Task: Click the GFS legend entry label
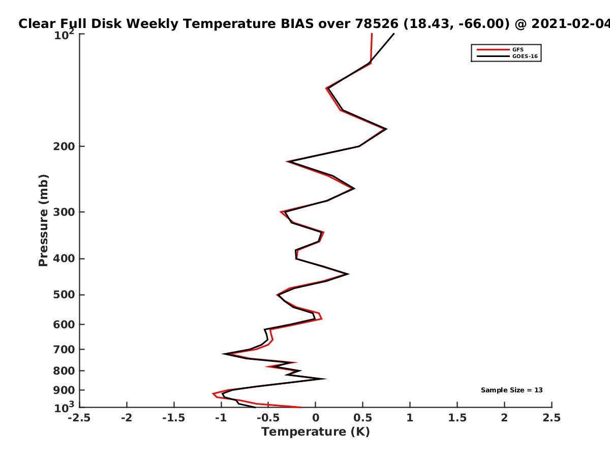(x=517, y=50)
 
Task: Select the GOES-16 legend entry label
(x=525, y=56)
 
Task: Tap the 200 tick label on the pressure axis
(x=64, y=146)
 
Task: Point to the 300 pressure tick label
(x=64, y=212)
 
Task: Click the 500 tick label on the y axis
(x=64, y=295)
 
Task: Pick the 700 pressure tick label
(x=64, y=350)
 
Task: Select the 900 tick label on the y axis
(x=64, y=390)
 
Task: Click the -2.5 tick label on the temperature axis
(x=79, y=418)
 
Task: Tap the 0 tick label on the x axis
(x=316, y=418)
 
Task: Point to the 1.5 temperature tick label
(x=457, y=418)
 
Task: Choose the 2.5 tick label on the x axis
(x=552, y=418)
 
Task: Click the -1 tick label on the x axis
(x=222, y=418)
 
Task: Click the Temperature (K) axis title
(x=316, y=432)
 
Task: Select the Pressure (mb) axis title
(x=43, y=220)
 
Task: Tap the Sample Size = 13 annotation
(x=511, y=390)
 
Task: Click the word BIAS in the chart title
(x=297, y=24)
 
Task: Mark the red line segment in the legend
(x=493, y=50)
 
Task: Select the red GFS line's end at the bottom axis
(x=301, y=408)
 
